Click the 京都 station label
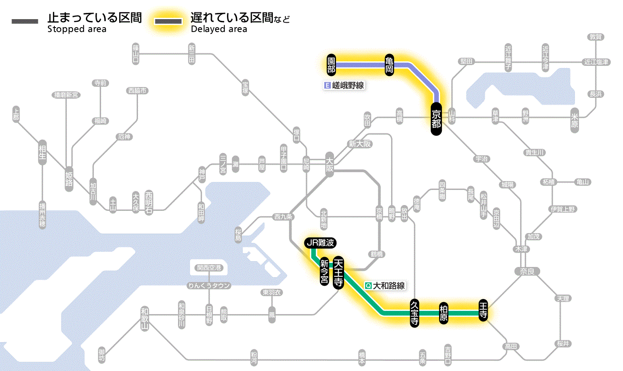pyautogui.click(x=436, y=118)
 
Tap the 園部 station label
pyautogui.click(x=331, y=65)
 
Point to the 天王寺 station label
pyautogui.click(x=338, y=273)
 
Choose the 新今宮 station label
pyautogui.click(x=324, y=272)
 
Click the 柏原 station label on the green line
pyautogui.click(x=443, y=313)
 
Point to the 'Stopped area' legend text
pyautogui.click(x=77, y=29)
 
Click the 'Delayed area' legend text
pyautogui.click(x=218, y=29)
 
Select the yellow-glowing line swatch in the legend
pyautogui.click(x=168, y=21)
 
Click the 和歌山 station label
pyautogui.click(x=144, y=318)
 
